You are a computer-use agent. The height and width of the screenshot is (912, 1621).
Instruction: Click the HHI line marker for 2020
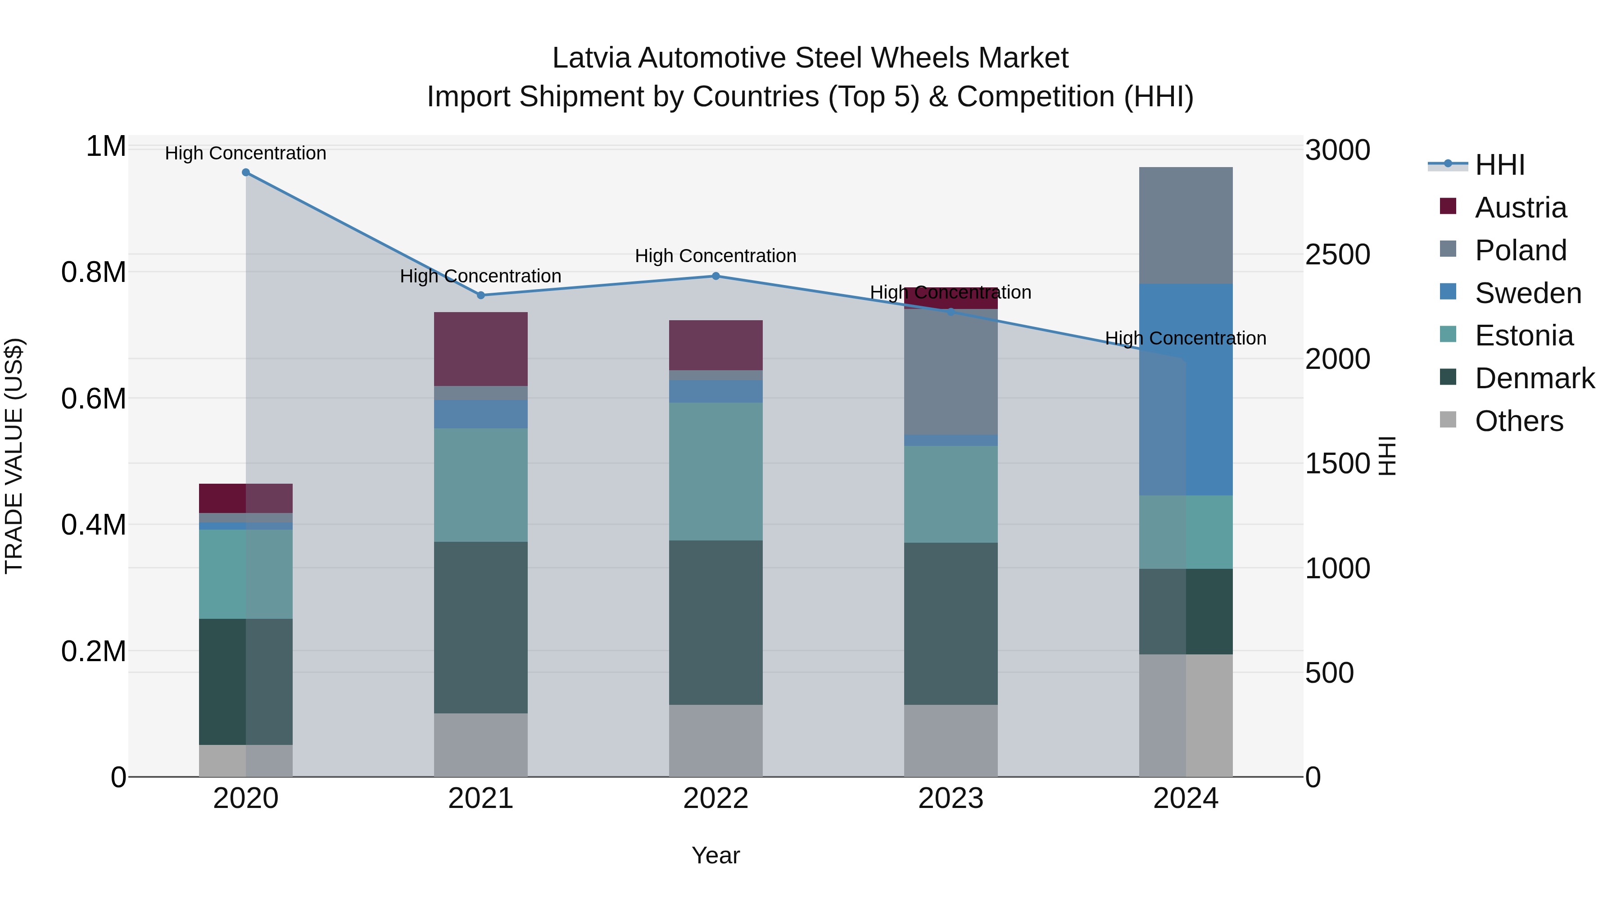(x=245, y=172)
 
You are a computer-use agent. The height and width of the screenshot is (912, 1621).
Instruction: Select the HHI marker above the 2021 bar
(x=481, y=295)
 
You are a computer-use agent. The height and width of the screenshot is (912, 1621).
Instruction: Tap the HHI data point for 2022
(x=715, y=276)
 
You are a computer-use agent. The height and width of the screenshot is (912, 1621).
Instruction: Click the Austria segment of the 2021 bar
(x=481, y=349)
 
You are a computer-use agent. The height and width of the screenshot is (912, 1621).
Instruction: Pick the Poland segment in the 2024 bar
(x=1186, y=225)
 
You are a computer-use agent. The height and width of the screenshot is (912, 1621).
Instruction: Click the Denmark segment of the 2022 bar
(x=715, y=622)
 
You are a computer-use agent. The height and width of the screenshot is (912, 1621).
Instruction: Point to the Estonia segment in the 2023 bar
(x=950, y=494)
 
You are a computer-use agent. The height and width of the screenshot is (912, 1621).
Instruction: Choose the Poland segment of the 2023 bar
(x=950, y=372)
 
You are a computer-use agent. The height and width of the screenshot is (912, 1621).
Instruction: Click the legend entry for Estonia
(x=1523, y=336)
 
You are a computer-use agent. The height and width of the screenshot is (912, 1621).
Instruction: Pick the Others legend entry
(x=1518, y=421)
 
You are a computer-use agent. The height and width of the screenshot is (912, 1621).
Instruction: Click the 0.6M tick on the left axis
(x=94, y=399)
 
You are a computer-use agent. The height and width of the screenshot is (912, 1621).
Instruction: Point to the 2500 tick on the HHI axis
(x=1337, y=255)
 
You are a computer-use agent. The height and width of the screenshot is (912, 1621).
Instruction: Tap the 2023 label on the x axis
(x=950, y=799)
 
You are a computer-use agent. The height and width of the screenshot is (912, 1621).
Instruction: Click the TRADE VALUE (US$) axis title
(x=14, y=456)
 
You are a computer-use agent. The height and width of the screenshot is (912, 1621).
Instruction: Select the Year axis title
(x=715, y=855)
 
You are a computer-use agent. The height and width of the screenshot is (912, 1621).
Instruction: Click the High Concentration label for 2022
(x=715, y=256)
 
